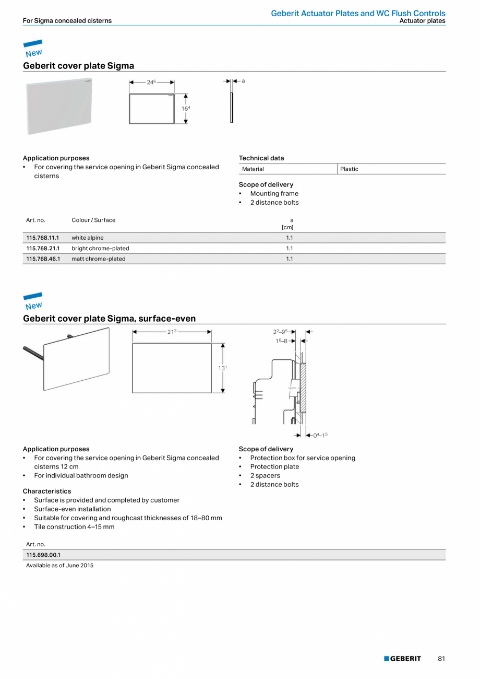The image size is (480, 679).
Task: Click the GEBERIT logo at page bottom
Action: tap(402, 659)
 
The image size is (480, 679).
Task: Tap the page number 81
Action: tap(441, 659)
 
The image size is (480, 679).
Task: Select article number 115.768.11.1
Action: tap(43, 238)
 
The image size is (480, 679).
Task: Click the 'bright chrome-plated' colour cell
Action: tap(100, 248)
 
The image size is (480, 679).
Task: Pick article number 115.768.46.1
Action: tap(43, 259)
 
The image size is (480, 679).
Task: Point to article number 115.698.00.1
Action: tap(43, 555)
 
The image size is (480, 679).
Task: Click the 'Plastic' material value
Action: tap(349, 169)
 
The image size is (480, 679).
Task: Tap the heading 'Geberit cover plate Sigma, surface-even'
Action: tap(109, 319)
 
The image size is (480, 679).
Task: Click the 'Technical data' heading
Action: tap(261, 158)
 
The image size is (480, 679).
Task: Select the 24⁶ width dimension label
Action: tap(151, 82)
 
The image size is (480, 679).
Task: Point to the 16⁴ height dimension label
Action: tap(186, 108)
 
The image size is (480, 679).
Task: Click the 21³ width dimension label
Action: tap(172, 331)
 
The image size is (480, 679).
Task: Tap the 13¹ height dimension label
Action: tap(222, 368)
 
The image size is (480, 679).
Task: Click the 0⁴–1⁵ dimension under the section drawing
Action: tap(320, 435)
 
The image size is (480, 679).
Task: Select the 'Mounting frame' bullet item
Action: tap(274, 193)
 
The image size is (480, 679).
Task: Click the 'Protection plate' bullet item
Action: tap(274, 466)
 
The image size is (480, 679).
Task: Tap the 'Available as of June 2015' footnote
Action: tap(59, 565)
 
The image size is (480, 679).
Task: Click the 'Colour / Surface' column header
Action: tap(93, 220)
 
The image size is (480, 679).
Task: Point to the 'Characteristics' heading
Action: tap(47, 491)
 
